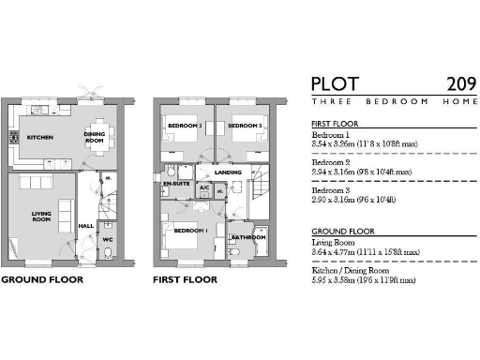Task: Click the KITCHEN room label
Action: pos(39,138)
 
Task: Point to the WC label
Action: pos(108,238)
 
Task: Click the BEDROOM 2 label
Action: pos(185,126)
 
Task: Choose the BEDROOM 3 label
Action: pos(244,126)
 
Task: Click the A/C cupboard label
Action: pos(204,187)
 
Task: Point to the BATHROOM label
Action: pos(248,238)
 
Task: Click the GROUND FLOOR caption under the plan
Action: pos(42,279)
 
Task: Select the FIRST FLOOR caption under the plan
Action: pos(185,279)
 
